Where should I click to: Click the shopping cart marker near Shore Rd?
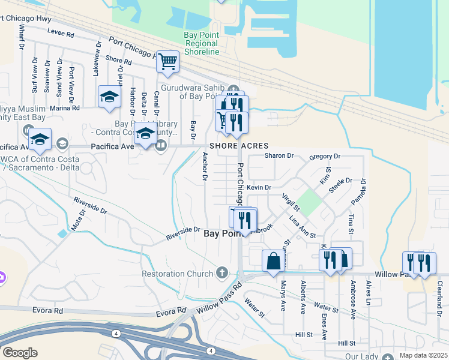(167, 61)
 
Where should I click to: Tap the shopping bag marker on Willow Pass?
(273, 261)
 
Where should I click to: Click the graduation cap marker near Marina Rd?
(110, 97)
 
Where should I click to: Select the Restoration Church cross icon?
(222, 274)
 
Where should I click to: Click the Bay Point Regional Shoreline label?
(202, 44)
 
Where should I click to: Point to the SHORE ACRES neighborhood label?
(238, 146)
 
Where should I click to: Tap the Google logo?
(20, 353)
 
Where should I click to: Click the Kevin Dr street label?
(259, 187)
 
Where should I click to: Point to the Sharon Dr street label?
(279, 155)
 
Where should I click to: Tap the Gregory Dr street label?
(325, 156)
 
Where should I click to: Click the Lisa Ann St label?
(302, 228)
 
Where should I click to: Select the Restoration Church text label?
(177, 274)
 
